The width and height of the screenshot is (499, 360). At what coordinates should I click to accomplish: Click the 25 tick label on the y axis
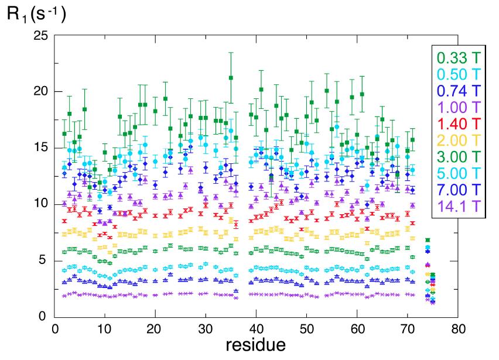tap(39, 36)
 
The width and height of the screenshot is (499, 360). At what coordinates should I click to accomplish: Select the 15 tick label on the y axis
tap(39, 148)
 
